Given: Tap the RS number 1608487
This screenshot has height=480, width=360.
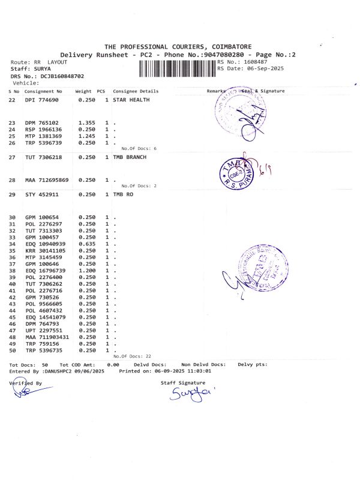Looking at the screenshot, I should coord(254,62).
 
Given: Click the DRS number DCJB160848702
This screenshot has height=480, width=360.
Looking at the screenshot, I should coord(62,76).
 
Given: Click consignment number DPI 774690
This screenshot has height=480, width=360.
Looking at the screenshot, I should coord(42,100).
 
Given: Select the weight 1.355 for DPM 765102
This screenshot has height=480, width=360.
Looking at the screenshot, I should coord(87,123).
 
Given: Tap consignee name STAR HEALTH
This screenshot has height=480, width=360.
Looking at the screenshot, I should coord(131,100).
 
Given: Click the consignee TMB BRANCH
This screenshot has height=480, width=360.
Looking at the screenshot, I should coord(130,157).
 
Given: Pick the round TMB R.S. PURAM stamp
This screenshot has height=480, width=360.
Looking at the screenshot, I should coord(238,172).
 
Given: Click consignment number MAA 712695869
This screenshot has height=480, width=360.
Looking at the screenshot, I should coord(47,180).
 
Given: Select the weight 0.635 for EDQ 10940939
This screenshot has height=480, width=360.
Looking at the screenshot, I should coord(87,244).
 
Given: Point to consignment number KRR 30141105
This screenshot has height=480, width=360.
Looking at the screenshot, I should coord(44,250).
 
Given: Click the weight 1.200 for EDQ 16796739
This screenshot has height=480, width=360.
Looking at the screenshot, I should coord(87,270).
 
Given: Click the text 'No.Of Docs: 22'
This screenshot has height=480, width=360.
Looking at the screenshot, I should coord(136,356).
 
